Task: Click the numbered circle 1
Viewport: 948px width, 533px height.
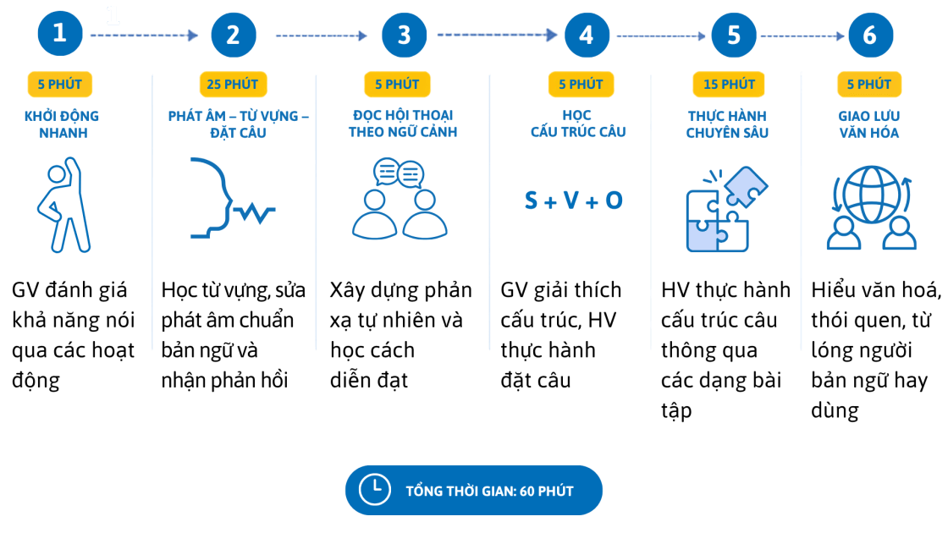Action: pos(60,34)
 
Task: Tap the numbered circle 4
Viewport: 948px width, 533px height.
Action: pos(587,35)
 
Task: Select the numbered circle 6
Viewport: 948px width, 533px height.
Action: pos(870,35)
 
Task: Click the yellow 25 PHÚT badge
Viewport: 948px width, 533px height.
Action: pos(233,84)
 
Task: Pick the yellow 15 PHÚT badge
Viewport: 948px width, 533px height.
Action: pos(729,84)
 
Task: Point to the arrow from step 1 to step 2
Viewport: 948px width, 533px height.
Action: pos(144,36)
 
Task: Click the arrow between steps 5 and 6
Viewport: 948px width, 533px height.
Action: pos(802,36)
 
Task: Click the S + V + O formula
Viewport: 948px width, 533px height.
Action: pos(573,200)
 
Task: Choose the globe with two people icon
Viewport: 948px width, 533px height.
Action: pos(871,207)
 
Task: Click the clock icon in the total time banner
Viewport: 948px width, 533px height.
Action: pos(375,490)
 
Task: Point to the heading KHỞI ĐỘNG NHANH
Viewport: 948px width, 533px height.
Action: pos(62,124)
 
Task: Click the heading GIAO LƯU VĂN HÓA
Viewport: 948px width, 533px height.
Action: pos(868,124)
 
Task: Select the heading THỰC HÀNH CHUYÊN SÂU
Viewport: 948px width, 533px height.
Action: pos(727,124)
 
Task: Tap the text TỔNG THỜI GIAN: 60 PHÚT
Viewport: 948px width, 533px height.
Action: pos(490,492)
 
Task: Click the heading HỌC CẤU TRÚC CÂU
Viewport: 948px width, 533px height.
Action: pos(578,124)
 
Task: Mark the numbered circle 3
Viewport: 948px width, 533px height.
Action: pos(404,35)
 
